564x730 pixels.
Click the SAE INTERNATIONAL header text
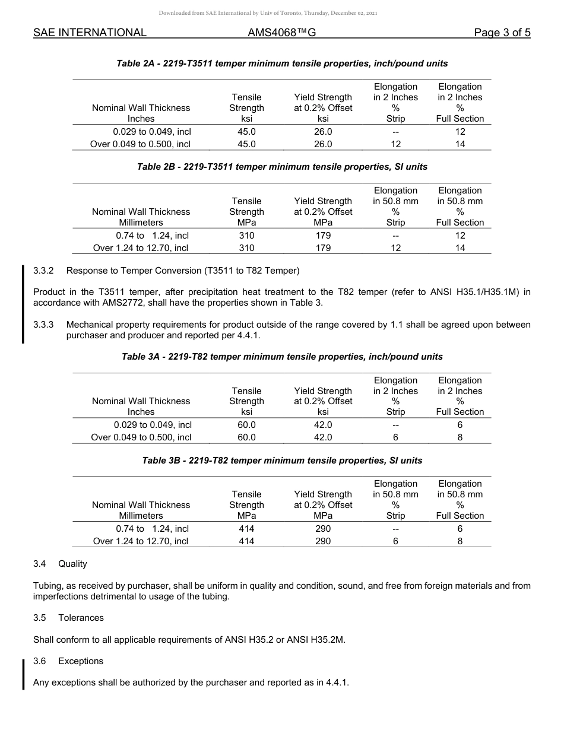(90, 33)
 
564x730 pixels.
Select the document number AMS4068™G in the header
(281, 33)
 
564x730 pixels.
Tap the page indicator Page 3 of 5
(502, 33)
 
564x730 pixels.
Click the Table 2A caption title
(282, 64)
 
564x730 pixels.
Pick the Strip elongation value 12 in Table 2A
(395, 144)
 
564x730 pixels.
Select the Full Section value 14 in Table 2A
(460, 144)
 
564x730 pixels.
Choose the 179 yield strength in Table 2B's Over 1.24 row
(323, 248)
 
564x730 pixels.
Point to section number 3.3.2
(43, 271)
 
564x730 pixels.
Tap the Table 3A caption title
(282, 357)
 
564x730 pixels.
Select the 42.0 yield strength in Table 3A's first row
(323, 425)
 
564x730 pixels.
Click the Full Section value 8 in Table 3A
(460, 437)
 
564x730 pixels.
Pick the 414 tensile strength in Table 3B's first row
(246, 529)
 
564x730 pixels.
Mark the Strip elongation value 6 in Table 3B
(395, 541)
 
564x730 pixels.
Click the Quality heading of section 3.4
(72, 564)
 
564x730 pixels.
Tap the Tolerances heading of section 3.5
(81, 618)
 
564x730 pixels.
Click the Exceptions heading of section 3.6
(81, 661)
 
